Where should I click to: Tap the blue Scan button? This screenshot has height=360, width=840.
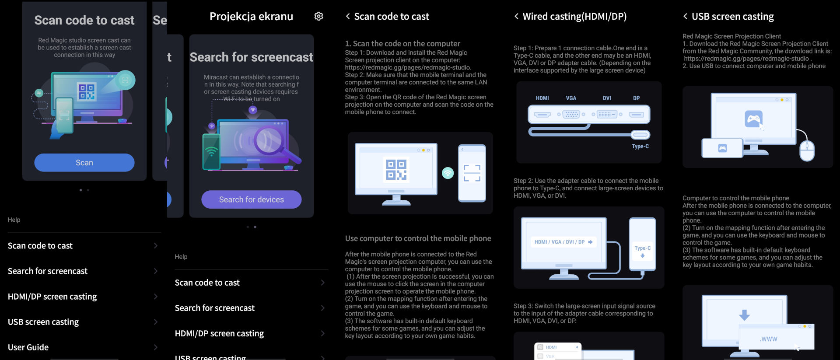click(84, 163)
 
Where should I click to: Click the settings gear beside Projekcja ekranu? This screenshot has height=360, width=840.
click(318, 16)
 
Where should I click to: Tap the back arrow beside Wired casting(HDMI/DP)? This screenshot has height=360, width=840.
click(517, 16)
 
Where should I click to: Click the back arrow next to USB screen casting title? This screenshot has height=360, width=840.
click(686, 16)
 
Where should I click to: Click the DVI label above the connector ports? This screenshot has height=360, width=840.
click(607, 98)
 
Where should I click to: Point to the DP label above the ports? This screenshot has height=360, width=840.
click(636, 98)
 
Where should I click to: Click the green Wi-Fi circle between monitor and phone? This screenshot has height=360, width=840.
click(448, 173)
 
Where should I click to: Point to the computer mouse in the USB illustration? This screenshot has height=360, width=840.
click(807, 150)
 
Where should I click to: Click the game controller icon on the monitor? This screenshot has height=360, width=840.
click(753, 119)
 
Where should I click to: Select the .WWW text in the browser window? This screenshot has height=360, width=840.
click(769, 339)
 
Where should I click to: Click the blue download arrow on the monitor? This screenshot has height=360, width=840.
click(744, 315)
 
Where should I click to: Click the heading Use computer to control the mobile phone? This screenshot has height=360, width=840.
click(418, 238)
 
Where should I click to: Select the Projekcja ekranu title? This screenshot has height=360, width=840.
click(252, 17)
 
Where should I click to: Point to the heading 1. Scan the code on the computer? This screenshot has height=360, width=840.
click(402, 44)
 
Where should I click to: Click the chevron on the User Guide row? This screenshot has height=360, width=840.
click(155, 347)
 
